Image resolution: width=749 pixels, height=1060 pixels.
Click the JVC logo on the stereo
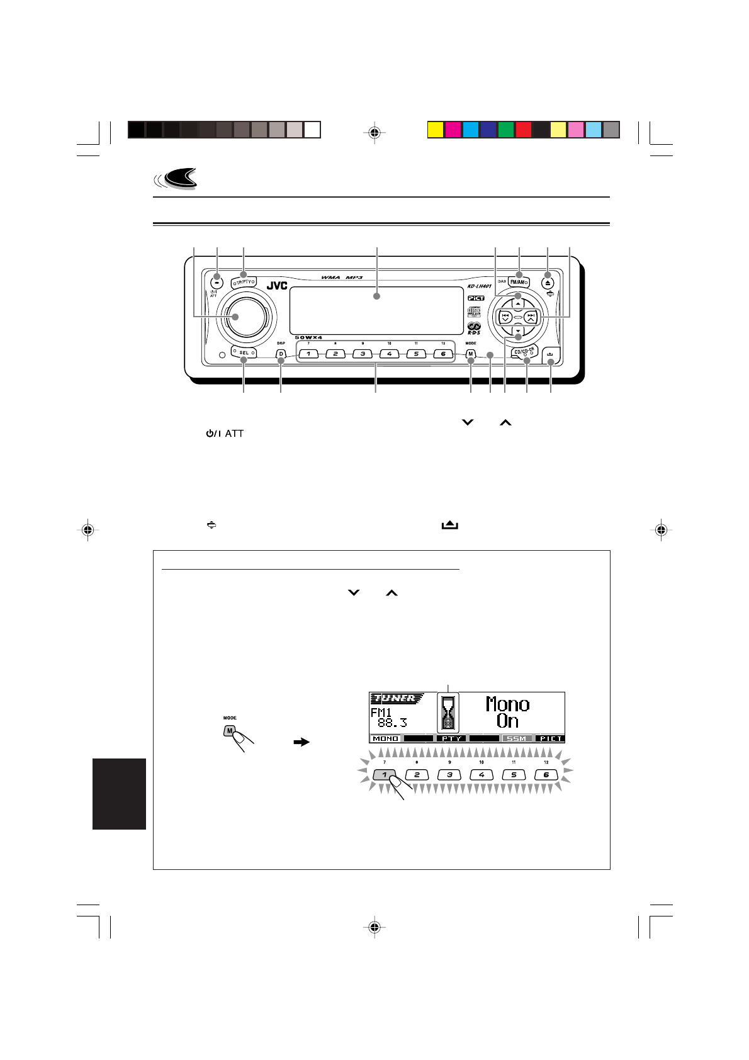pyautogui.click(x=277, y=286)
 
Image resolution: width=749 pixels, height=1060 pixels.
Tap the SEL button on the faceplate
pyautogui.click(x=244, y=352)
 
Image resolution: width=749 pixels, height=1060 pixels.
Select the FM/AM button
pyautogui.click(x=519, y=282)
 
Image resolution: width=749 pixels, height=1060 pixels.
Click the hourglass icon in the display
pyautogui.click(x=448, y=713)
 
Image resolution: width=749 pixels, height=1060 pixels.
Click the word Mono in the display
pyautogui.click(x=507, y=704)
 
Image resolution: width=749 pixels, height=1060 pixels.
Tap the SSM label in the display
pyautogui.click(x=516, y=738)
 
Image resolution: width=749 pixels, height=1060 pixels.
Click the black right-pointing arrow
pyautogui.click(x=302, y=743)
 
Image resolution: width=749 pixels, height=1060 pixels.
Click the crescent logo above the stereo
pyautogui.click(x=178, y=179)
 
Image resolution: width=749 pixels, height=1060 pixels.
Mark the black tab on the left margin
pyautogui.click(x=119, y=793)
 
